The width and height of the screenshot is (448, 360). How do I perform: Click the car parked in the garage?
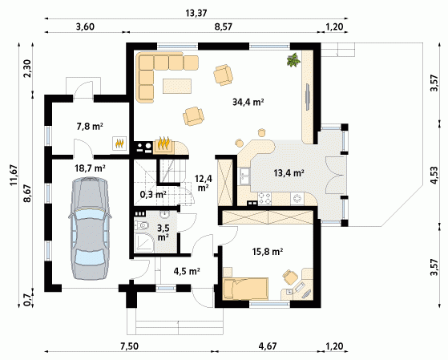90,229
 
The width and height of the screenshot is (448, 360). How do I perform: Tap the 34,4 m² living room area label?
248,102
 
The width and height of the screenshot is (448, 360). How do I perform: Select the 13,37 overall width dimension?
196,13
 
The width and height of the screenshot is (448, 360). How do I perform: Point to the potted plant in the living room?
293,60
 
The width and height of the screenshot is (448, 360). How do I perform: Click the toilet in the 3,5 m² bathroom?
142,225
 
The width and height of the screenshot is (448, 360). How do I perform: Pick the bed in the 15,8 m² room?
245,288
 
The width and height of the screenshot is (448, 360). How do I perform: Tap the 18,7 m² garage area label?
90,168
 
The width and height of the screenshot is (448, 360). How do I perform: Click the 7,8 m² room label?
90,126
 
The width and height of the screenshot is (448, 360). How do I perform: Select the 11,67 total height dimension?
14,176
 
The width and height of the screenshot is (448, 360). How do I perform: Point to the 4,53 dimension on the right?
434,175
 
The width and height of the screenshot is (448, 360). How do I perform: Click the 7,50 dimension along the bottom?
129,346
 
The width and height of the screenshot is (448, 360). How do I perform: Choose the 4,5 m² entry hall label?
187,271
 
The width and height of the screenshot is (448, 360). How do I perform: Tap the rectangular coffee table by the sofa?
177,86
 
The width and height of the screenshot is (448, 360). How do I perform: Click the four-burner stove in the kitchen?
264,199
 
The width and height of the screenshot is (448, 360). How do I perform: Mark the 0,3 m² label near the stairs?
153,195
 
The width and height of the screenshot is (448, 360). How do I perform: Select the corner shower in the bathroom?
143,242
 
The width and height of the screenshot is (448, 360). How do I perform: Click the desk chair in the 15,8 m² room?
290,277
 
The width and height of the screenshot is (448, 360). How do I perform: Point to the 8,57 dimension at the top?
223,27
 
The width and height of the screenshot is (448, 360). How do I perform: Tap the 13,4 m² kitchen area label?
289,172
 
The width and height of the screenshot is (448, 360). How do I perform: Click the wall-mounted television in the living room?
307,97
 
